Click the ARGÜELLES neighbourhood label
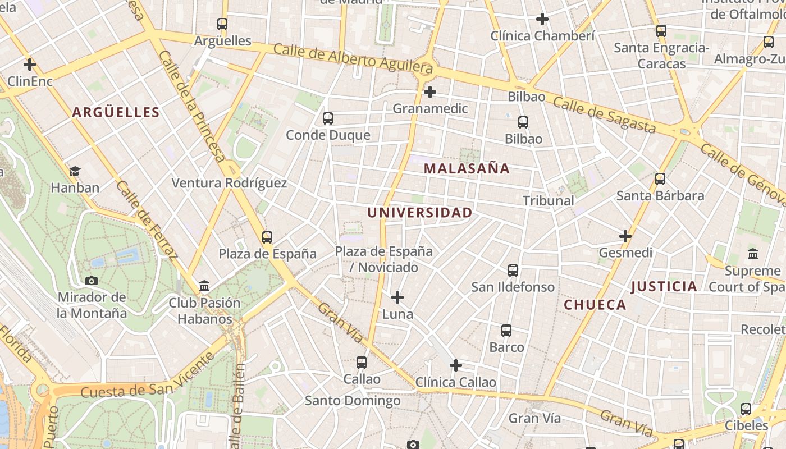pos(116,112)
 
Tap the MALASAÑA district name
pos(467,168)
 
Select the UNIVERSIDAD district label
pos(419,213)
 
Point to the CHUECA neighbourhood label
pos(595,305)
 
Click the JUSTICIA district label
pos(664,287)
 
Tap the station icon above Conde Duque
pos(328,118)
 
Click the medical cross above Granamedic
pos(430,91)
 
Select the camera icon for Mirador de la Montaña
pos(92,281)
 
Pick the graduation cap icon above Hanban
pos(75,171)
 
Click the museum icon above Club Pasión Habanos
pos(204,286)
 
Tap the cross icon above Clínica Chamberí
pos(542,20)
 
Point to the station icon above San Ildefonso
pos(513,271)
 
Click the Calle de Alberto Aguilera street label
pos(353,58)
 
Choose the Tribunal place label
pos(548,200)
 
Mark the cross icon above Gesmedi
pos(625,236)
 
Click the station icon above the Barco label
pos(506,331)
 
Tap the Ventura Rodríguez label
pos(229,183)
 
